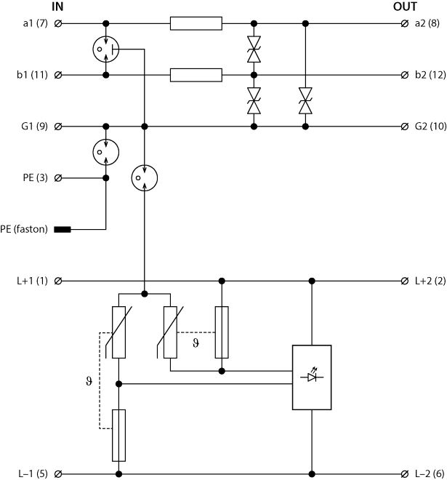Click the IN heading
point(57,7)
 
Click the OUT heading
point(404,7)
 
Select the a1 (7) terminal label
point(36,24)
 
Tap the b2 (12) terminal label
point(429,75)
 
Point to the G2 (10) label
point(430,127)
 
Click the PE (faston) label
point(24,230)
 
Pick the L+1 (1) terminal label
point(33,281)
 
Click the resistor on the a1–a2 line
point(196,24)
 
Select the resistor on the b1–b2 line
point(196,75)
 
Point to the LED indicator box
point(313,376)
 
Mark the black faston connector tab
point(63,230)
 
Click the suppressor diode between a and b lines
point(254,49)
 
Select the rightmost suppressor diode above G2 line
point(305,101)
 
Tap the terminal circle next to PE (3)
point(58,177)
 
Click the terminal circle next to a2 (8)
point(404,24)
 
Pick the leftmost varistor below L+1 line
point(118,332)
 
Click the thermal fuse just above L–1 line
point(118,435)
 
